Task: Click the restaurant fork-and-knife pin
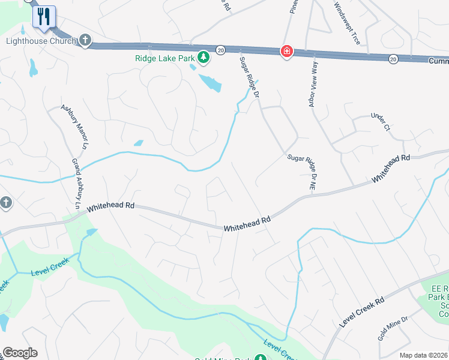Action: [44, 16]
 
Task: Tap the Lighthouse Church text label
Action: [41, 41]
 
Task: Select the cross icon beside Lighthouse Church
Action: [85, 41]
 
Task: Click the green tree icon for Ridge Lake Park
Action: [204, 57]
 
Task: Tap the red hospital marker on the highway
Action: [287, 52]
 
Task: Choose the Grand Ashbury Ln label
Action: [77, 184]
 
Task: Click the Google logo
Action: [20, 353]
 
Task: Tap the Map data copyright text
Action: [424, 355]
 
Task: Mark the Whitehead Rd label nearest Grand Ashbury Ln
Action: [111, 208]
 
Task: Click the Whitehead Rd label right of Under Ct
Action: [390, 168]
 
